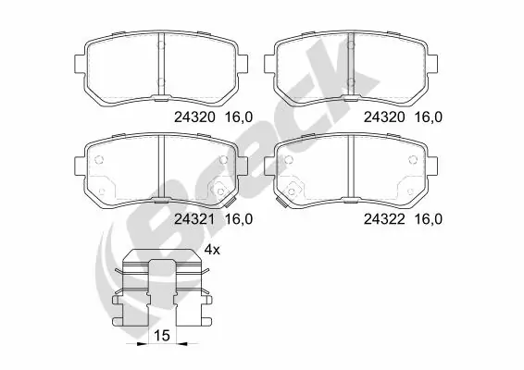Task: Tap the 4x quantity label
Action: pos(211,250)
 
